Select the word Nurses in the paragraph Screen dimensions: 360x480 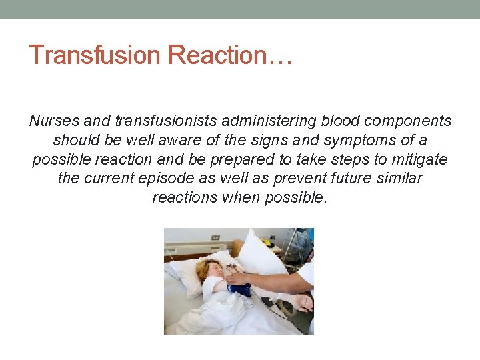coord(54,121)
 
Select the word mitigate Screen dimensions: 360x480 coord(421,159)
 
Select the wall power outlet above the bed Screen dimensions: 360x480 coord(215,237)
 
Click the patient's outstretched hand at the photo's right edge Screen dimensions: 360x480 coord(303,303)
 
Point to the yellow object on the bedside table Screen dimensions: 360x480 coord(271,242)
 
